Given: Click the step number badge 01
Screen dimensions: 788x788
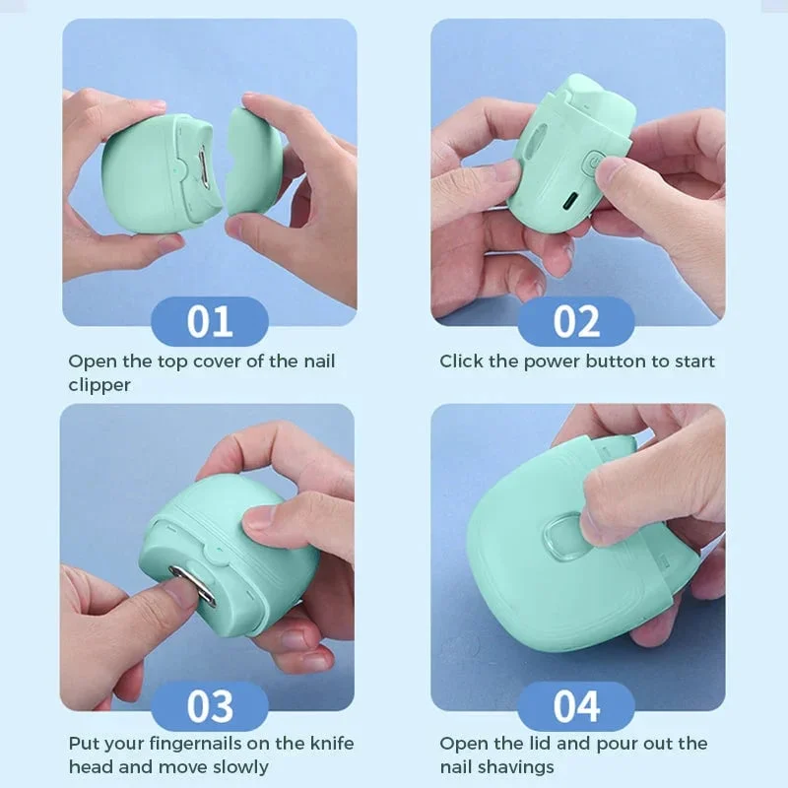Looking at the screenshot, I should tap(209, 322).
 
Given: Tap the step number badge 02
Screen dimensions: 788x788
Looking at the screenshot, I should tap(576, 322).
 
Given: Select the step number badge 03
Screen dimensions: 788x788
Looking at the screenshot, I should tap(209, 706).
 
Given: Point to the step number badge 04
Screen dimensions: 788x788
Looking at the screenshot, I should tap(576, 706).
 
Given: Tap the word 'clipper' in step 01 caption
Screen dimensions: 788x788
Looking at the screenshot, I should tap(99, 385).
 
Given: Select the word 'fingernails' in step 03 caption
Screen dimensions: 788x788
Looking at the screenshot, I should tap(201, 744).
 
